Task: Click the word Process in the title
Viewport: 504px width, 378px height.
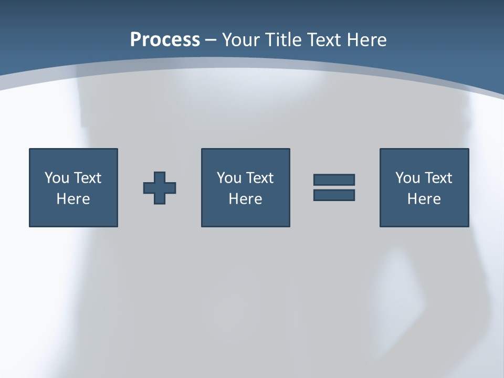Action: [165, 40]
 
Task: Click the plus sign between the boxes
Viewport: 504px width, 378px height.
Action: [160, 188]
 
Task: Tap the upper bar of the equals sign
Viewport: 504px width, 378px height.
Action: [334, 180]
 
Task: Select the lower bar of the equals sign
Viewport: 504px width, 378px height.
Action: [334, 195]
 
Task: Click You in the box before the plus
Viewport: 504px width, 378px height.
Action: [57, 178]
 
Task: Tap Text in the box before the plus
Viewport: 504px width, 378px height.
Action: [87, 178]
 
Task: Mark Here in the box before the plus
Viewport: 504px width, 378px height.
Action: [73, 199]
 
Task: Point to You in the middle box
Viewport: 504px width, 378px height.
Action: [229, 178]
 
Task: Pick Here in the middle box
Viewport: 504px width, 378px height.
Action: [246, 199]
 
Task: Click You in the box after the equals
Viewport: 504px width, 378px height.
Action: [407, 178]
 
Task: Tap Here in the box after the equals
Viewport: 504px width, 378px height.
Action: [424, 199]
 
